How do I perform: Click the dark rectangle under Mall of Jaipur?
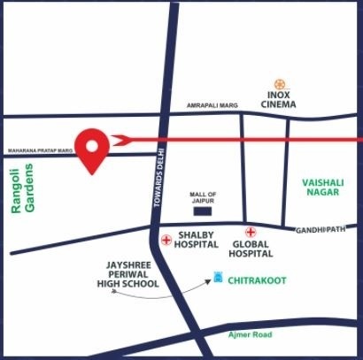(x=203, y=212)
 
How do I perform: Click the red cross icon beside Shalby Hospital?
(x=166, y=241)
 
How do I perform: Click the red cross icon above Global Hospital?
(x=250, y=231)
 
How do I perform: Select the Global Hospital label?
(x=251, y=248)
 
